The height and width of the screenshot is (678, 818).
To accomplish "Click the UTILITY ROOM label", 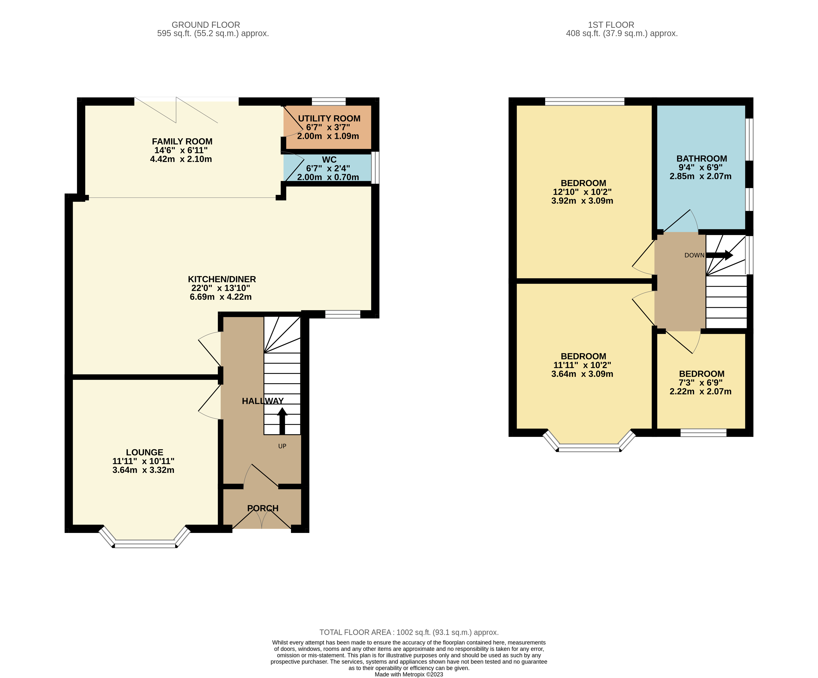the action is tap(329, 118).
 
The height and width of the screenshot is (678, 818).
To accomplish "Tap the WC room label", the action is tap(329, 160).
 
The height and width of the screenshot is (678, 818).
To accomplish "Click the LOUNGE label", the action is tap(145, 452).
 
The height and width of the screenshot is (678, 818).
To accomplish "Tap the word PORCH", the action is tap(263, 508).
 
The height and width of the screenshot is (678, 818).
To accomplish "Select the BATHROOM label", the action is tap(702, 159).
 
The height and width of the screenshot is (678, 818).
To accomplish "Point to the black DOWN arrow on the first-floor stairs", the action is tap(719, 255).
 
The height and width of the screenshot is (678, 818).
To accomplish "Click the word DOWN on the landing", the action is tap(695, 255).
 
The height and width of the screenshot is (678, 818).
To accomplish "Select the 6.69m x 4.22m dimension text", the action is tap(221, 297).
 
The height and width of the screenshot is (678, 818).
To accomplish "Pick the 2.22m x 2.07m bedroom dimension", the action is tap(700, 391).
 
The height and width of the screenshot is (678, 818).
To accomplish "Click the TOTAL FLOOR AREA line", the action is tap(409, 633).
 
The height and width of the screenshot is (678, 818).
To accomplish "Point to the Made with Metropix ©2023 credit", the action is tap(409, 675).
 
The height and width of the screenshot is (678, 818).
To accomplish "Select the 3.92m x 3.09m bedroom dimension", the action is tap(582, 201).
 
